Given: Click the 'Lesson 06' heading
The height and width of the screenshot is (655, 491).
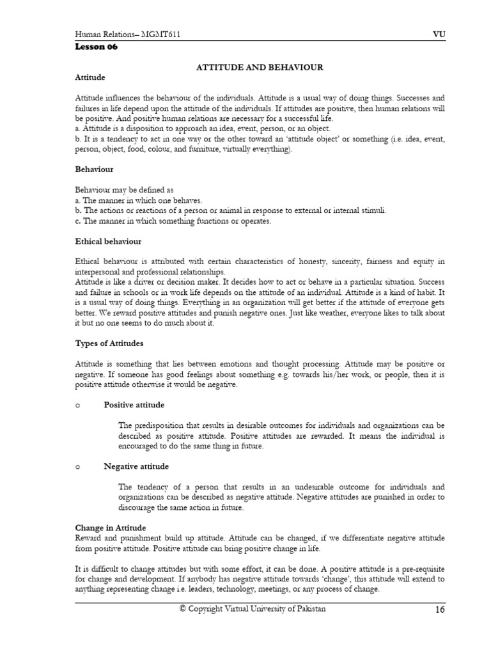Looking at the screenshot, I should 96,47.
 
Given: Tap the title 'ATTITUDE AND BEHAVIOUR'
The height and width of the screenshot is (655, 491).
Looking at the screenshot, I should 258,67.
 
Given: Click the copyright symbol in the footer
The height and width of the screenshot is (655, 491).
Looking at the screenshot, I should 182,609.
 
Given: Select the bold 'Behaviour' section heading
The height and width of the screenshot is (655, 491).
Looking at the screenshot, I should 94,170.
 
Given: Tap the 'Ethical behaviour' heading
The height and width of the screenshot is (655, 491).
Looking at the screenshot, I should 108,241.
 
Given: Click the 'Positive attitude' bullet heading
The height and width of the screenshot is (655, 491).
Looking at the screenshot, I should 134,405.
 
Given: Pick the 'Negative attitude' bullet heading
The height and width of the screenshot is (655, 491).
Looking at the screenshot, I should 136,466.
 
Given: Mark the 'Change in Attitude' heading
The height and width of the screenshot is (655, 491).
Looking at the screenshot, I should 111,528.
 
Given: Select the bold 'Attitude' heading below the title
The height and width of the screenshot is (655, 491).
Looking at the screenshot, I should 90,77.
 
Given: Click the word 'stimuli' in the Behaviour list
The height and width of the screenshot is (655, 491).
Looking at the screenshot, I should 373,210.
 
